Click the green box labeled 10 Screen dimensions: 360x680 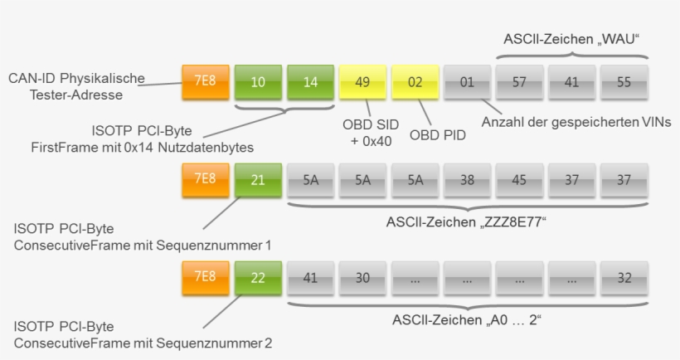click(x=258, y=81)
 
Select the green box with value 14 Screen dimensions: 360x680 click(x=310, y=81)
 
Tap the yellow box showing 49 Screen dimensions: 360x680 click(x=362, y=81)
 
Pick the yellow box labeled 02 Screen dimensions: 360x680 click(x=415, y=81)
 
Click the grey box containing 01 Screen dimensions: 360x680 click(x=467, y=81)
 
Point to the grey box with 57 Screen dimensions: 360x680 click(x=519, y=81)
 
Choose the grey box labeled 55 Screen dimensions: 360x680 click(x=624, y=81)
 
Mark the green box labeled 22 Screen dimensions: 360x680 click(x=258, y=278)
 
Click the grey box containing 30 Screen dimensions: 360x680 click(x=362, y=278)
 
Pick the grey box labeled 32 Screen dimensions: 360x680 click(x=624, y=278)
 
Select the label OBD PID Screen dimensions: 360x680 click(x=438, y=134)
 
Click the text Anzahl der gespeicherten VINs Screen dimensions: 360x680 click(x=576, y=123)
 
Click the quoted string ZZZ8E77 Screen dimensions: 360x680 click(x=513, y=222)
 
